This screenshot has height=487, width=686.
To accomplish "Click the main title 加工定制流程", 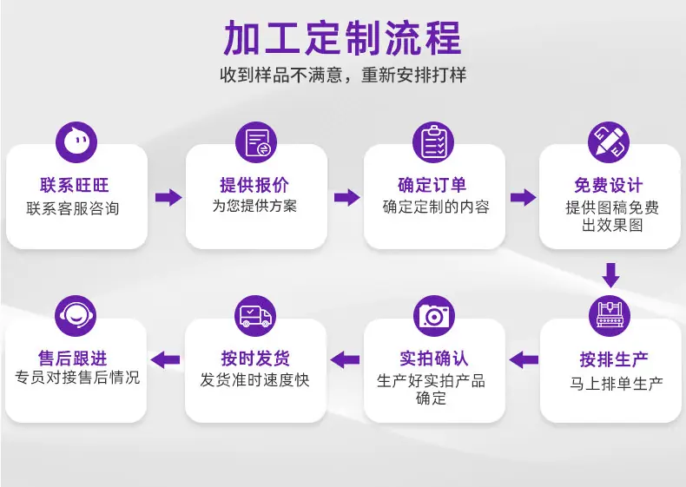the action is tap(342, 37).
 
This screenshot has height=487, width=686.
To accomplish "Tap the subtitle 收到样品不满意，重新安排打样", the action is tap(343, 75).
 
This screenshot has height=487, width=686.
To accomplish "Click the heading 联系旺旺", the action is tap(75, 185).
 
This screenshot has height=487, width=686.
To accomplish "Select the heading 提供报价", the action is tap(254, 185).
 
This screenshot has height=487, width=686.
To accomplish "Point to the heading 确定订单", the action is tap(432, 185).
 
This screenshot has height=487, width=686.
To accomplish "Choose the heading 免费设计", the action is tap(609, 186).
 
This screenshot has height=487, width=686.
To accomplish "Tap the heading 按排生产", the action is tap(614, 359).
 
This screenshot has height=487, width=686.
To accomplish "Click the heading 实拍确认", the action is tap(434, 359).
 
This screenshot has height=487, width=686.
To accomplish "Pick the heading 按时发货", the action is tap(255, 359).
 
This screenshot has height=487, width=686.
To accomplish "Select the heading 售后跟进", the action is tap(73, 359).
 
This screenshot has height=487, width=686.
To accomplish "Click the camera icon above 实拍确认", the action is tap(434, 316).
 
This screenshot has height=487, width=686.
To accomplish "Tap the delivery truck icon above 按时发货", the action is tap(255, 316).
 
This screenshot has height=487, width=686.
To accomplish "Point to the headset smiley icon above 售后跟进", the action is tap(76, 316).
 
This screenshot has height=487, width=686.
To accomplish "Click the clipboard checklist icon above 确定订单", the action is tap(433, 142).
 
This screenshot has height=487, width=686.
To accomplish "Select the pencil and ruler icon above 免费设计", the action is tap(609, 142).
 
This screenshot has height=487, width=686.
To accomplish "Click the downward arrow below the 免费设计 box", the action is tap(610, 275).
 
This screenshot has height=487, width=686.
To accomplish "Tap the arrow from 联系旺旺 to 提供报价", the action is tap(168, 197).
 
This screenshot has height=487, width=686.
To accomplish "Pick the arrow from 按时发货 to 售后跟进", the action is tap(165, 359).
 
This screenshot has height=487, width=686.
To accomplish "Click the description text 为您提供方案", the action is tap(254, 206).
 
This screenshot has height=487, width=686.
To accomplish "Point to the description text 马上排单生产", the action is tap(616, 384).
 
